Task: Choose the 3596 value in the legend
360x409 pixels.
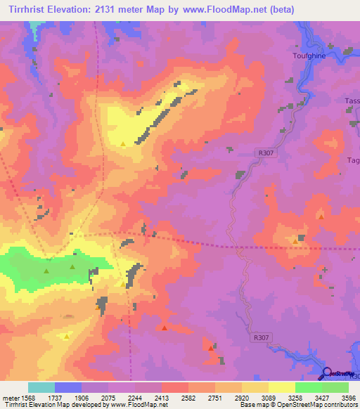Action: coord(349,397)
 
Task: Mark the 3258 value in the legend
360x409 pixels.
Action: coord(296,397)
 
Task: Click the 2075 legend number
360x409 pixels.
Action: coord(109,397)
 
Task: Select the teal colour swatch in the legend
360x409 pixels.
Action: coord(41,387)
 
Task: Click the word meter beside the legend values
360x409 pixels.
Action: coord(10,397)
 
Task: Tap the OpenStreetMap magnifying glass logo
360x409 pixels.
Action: coord(328,373)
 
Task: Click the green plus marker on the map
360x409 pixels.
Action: coord(325,269)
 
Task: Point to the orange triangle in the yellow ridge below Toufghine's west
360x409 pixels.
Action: coord(124,144)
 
